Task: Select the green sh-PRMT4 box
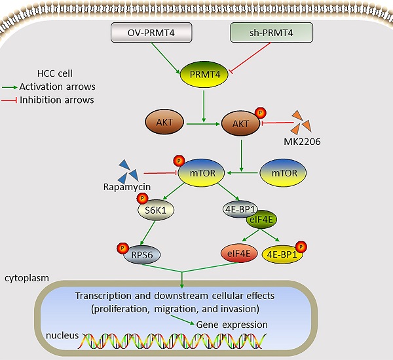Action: tap(272, 32)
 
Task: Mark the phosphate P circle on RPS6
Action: tap(121, 247)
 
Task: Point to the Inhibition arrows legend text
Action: tap(58, 100)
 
